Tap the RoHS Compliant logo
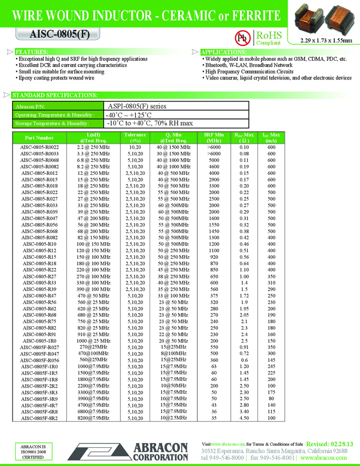pyautogui.click(x=268, y=37)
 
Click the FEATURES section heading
pyautogui.click(x=31, y=52)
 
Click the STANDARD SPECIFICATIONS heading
pyautogui.click(x=50, y=95)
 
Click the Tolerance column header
pyautogui.click(x=135, y=138)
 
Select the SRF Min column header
pyautogui.click(x=214, y=138)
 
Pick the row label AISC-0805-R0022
pyautogui.click(x=39, y=147)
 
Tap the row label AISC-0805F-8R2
pyautogui.click(x=39, y=418)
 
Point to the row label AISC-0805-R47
pyautogui.click(x=39, y=295)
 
